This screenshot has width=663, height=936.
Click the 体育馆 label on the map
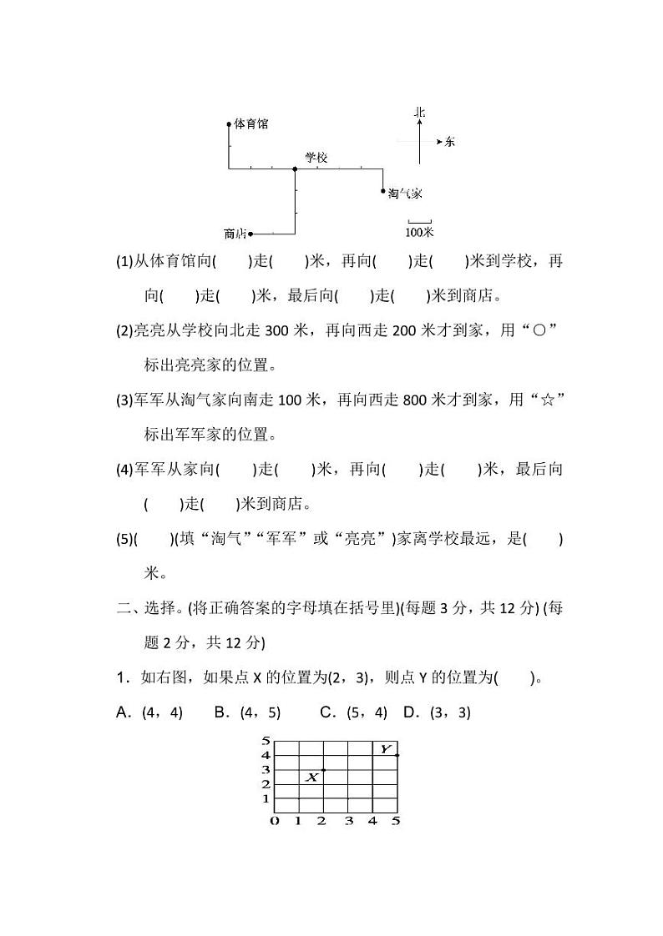[251, 123]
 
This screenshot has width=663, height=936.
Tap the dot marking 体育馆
[229, 124]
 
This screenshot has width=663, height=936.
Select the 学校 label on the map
[316, 157]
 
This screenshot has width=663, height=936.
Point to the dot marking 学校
[296, 169]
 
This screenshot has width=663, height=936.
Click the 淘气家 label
[405, 194]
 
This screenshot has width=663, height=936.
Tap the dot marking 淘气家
[383, 191]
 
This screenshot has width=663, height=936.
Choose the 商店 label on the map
[235, 234]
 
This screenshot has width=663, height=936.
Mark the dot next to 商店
[251, 234]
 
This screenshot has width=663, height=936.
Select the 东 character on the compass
[450, 142]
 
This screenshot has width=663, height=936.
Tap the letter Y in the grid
[385, 748]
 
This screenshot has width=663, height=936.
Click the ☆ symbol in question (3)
[549, 400]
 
